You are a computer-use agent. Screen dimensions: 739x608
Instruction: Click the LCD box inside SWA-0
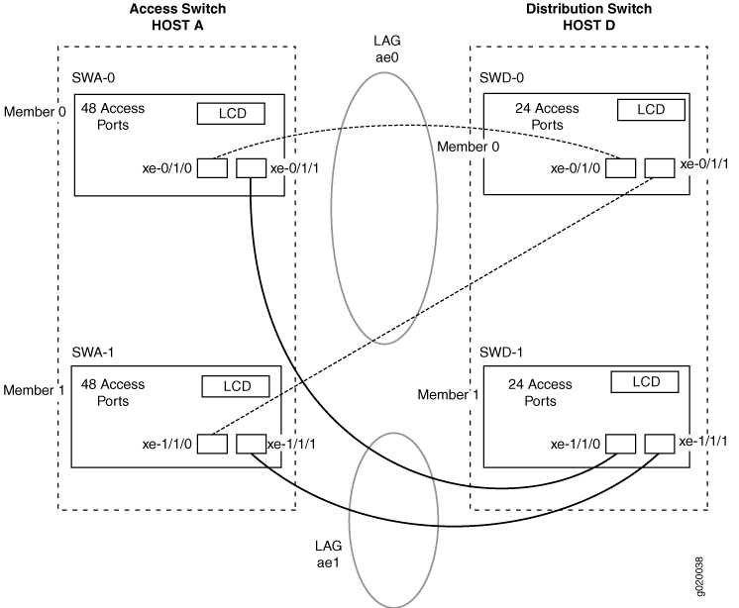(231, 114)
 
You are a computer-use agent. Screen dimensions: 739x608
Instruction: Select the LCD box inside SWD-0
(651, 110)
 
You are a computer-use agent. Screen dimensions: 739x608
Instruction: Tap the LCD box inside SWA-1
(236, 386)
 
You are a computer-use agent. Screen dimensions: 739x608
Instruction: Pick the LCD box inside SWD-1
(645, 381)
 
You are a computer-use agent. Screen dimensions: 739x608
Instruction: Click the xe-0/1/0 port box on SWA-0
(212, 168)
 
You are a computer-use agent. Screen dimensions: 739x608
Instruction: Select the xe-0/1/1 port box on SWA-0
(251, 168)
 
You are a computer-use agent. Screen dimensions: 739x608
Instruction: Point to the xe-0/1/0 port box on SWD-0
(620, 168)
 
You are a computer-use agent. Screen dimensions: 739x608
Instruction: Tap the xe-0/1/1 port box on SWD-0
(660, 168)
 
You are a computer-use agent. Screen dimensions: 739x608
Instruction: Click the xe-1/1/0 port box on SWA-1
(212, 444)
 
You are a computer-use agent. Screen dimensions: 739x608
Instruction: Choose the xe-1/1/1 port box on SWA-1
(252, 444)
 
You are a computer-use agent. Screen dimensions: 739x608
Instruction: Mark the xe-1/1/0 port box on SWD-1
(620, 444)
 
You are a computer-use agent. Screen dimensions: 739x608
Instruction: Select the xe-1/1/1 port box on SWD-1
(660, 444)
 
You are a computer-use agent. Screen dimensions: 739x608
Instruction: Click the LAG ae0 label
(387, 49)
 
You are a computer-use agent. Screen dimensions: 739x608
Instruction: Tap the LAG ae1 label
(329, 555)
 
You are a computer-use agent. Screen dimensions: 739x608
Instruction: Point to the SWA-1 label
(93, 353)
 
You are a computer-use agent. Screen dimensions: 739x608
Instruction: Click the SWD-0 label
(501, 77)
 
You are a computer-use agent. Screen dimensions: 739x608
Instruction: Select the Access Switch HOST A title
(177, 17)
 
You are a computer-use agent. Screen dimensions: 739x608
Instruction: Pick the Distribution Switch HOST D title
(589, 17)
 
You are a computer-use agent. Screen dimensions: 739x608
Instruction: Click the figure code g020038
(700, 577)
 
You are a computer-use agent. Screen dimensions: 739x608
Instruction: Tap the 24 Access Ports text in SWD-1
(540, 393)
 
